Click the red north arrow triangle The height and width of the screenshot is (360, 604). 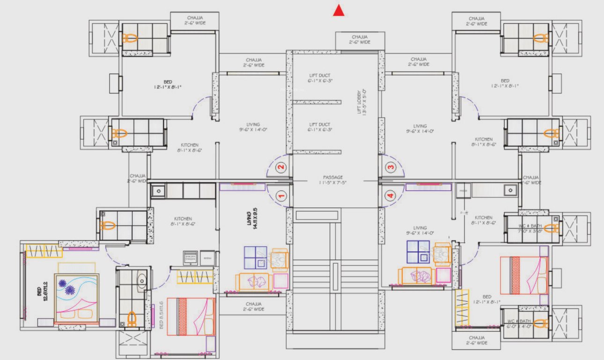click(x=338, y=10)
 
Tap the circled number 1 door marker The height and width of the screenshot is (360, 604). click(x=281, y=196)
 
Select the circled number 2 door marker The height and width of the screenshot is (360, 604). click(x=281, y=166)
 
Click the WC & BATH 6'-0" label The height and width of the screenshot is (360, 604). click(x=519, y=324)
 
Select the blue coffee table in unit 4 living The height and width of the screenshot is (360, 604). click(x=418, y=252)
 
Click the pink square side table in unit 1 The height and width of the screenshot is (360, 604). click(x=281, y=281)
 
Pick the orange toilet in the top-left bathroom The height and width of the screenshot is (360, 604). click(x=130, y=38)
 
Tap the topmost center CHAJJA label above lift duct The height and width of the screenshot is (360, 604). click(x=360, y=39)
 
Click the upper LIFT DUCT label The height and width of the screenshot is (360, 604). click(x=320, y=78)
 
